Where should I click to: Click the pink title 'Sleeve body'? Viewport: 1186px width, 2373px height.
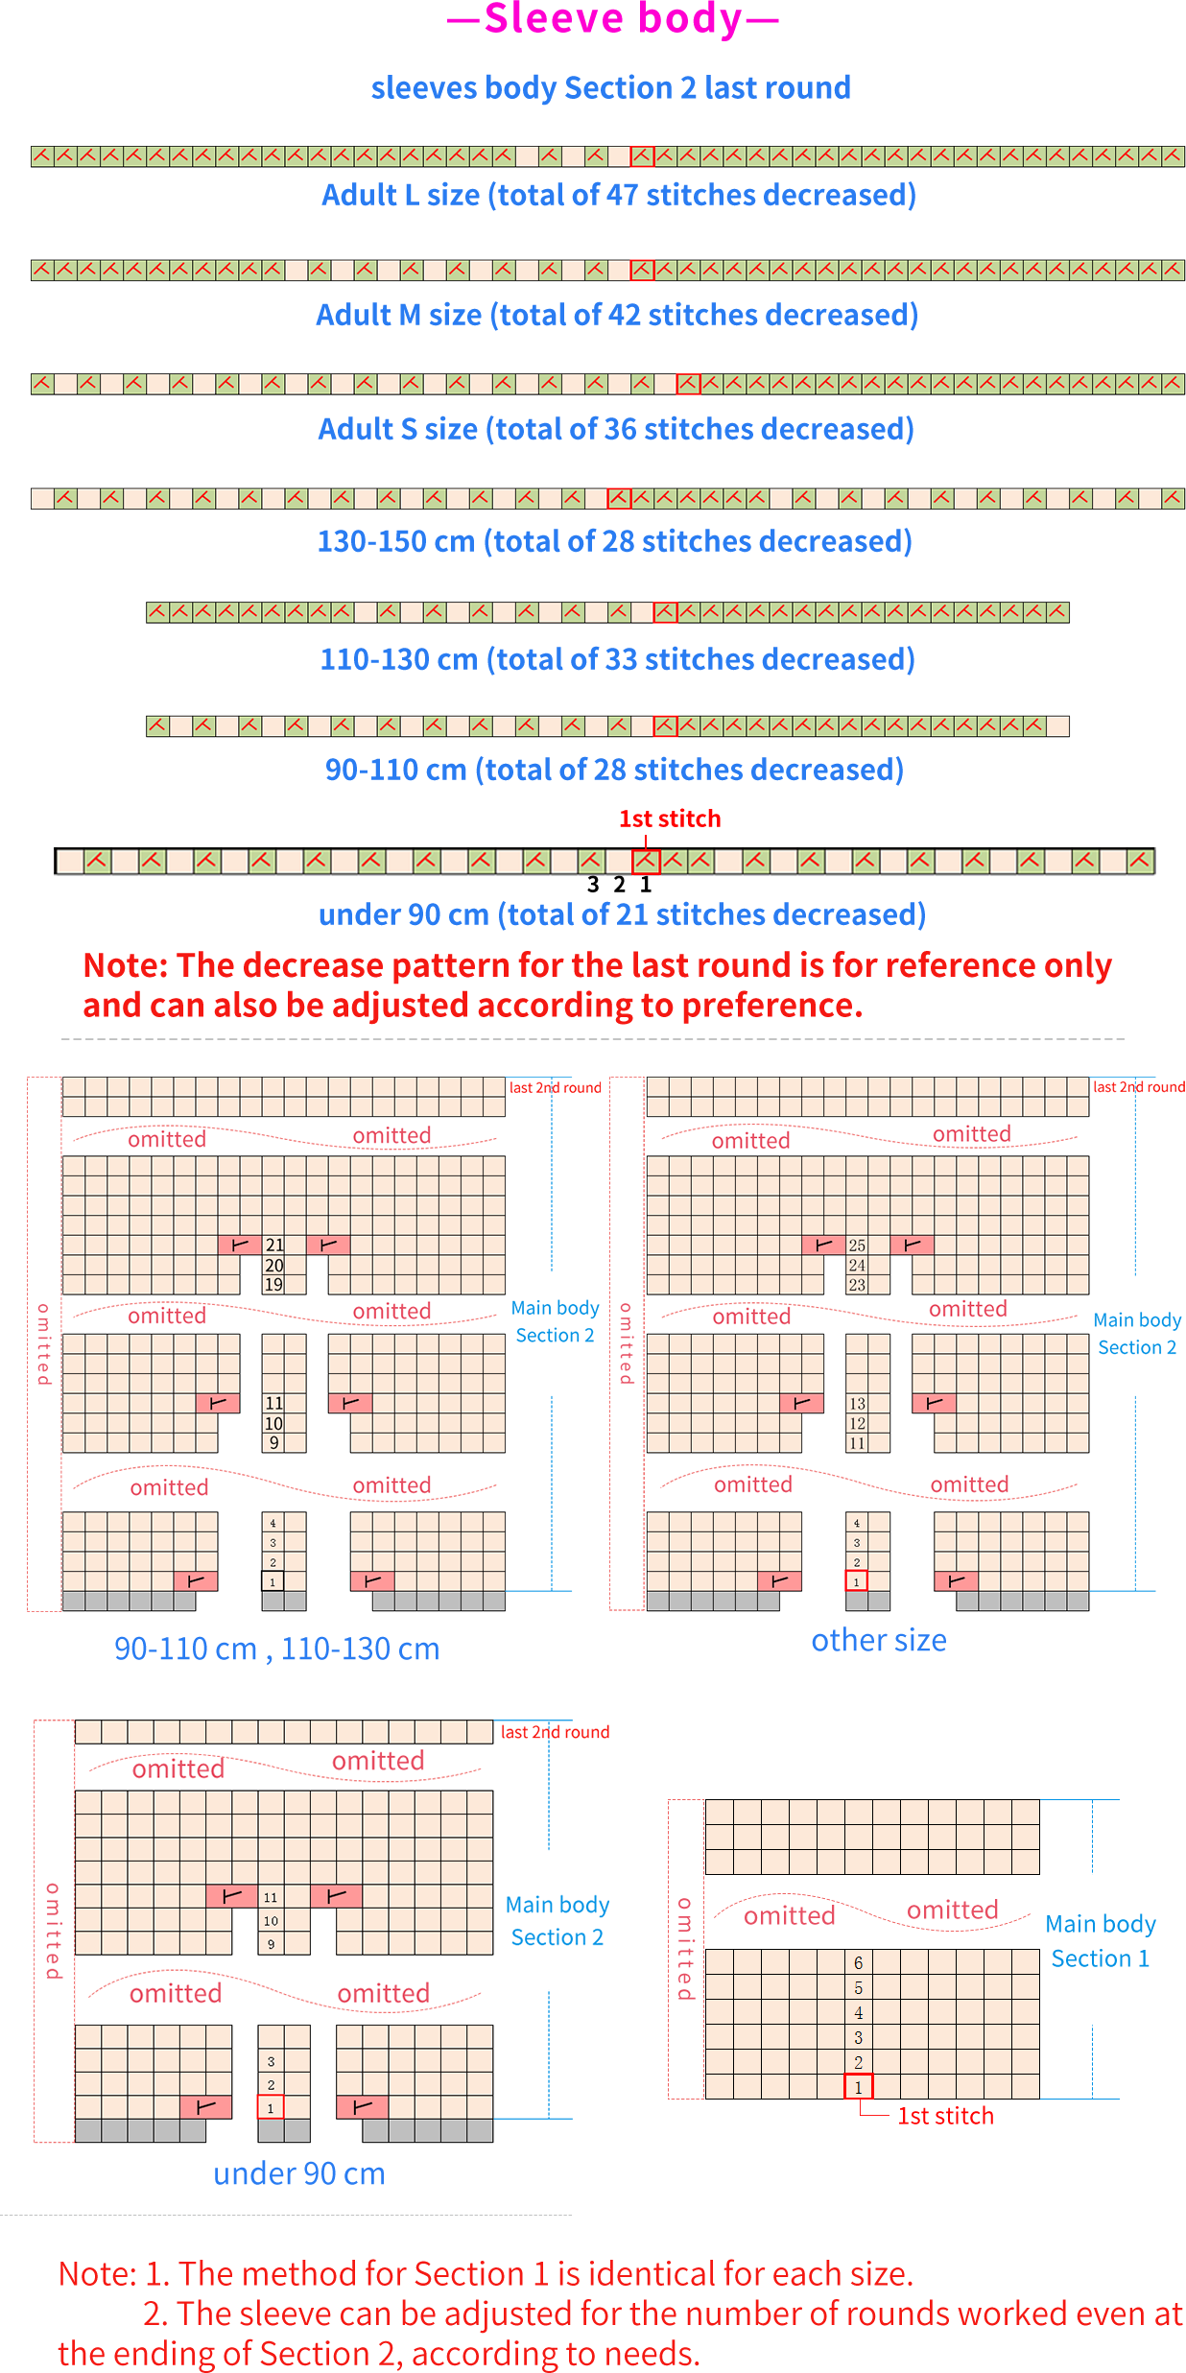(x=613, y=19)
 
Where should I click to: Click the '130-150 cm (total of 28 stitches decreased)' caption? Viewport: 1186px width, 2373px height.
(x=614, y=541)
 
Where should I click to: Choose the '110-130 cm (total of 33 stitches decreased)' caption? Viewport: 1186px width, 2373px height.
(x=617, y=659)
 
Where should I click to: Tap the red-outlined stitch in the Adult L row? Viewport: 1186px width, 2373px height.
(x=642, y=156)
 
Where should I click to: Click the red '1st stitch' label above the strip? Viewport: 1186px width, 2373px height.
(x=670, y=819)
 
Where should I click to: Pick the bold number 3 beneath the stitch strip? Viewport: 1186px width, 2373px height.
(x=593, y=885)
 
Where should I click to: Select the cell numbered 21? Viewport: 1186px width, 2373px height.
(x=274, y=1245)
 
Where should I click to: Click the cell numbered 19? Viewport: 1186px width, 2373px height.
(x=274, y=1284)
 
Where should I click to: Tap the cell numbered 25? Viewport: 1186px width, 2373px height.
(x=857, y=1246)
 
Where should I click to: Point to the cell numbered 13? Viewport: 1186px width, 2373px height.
(x=857, y=1404)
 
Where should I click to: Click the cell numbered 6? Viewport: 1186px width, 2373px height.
(x=858, y=1962)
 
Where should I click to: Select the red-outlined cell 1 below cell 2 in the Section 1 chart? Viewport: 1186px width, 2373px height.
(x=858, y=2086)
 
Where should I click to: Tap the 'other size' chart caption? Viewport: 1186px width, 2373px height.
(x=879, y=1640)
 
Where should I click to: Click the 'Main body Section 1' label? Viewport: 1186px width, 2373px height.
(x=1101, y=1941)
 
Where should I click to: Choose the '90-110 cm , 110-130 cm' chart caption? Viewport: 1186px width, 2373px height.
(x=277, y=1649)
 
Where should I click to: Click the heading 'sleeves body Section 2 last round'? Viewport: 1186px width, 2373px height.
(x=611, y=87)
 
